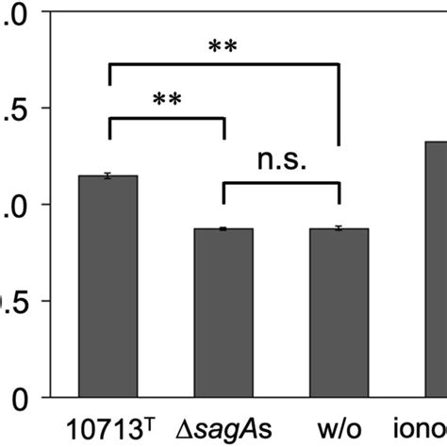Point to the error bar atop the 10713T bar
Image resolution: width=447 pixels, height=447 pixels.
[108, 175]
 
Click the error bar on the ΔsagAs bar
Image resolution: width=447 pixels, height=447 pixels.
[223, 229]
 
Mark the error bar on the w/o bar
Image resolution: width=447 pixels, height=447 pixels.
[339, 228]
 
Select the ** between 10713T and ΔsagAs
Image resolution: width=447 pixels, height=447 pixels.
[167, 100]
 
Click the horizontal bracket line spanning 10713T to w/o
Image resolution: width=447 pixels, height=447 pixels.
[224, 64]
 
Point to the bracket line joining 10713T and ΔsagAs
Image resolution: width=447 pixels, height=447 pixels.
[167, 118]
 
